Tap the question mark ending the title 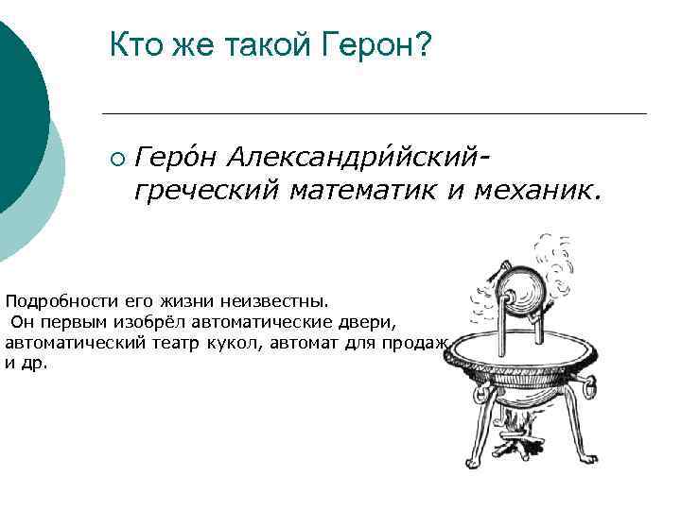click(x=422, y=43)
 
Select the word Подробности click(x=60, y=302)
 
